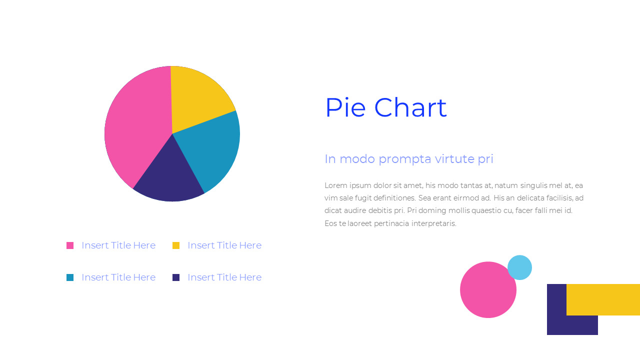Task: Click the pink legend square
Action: coord(70,245)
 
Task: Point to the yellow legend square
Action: coord(176,245)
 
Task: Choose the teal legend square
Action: coord(70,277)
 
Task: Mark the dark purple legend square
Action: coord(176,277)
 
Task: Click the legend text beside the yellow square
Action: coord(224,245)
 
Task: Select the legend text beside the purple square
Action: coord(224,277)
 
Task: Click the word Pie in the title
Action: coord(345,108)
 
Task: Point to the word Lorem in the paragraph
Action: coord(334,185)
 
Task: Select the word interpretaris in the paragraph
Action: coord(433,223)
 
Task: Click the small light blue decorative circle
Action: coord(519,267)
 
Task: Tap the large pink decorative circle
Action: coord(487,290)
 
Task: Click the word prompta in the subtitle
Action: coord(405,159)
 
